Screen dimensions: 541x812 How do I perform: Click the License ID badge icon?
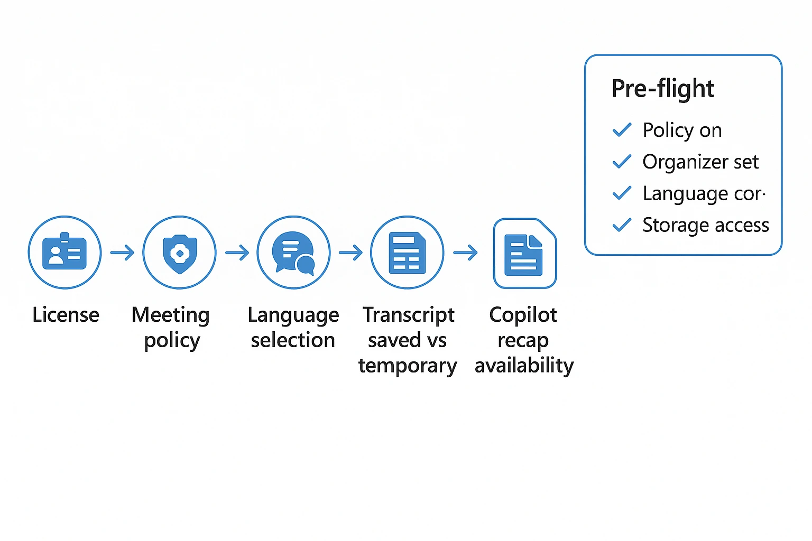pos(64,253)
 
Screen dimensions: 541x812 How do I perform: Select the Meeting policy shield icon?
pos(180,253)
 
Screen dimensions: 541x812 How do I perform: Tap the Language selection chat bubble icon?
pos(293,253)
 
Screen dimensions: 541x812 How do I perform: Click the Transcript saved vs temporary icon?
pos(407,253)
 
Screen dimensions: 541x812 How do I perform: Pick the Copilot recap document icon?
pos(524,254)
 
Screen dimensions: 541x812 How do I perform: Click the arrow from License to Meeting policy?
pos(122,253)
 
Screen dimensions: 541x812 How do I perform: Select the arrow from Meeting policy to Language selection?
pos(237,253)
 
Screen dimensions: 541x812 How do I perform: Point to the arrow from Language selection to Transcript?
pos(350,253)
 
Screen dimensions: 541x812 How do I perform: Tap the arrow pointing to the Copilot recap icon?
pos(466,253)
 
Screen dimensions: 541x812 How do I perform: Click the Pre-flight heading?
pos(662,88)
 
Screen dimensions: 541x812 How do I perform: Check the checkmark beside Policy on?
pos(622,130)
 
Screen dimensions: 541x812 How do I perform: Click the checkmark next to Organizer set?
pos(622,162)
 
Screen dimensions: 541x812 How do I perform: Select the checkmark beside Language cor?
pos(622,193)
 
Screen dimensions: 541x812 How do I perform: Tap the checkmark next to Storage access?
pos(622,225)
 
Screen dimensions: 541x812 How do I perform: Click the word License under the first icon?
pos(66,315)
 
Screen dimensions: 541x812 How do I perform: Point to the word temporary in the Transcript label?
pos(407,366)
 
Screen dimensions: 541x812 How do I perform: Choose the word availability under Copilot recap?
pos(524,366)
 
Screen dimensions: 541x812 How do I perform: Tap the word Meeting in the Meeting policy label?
pos(171,315)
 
